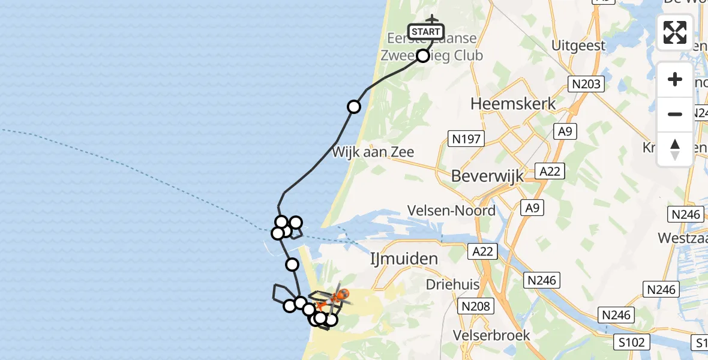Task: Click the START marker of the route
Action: coord(425,31)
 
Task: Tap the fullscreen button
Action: coord(675,32)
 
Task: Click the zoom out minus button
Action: coord(675,114)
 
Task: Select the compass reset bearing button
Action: coord(675,149)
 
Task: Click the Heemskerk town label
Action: coord(513,104)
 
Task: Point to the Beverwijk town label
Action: coord(487,176)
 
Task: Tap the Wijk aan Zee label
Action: coord(373,152)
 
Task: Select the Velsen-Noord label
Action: coord(451,211)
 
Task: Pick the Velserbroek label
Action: coord(492,334)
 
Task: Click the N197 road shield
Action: coord(465,140)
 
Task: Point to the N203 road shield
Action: coord(586,84)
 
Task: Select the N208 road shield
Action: coord(475,307)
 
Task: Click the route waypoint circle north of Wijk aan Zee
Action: coord(354,107)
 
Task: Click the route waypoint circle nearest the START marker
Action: coord(423,56)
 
